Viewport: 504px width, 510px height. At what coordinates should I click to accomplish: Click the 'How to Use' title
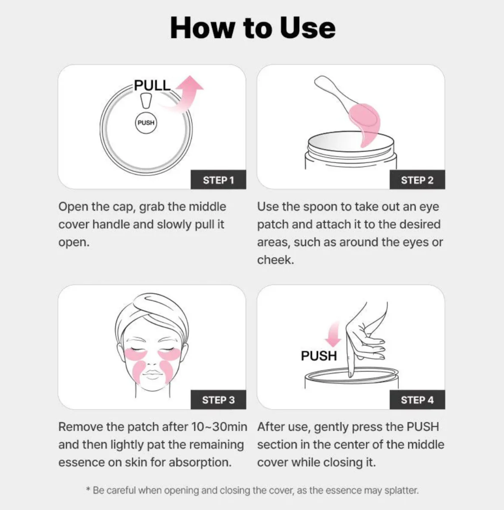tap(252, 28)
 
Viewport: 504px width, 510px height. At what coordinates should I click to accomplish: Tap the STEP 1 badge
tap(218, 180)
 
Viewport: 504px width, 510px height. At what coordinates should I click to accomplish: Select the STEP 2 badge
tap(417, 180)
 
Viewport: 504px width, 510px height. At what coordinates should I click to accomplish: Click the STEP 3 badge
tap(218, 400)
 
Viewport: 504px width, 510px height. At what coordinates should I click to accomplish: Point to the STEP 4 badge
tap(417, 400)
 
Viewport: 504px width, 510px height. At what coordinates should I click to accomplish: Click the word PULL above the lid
tap(152, 85)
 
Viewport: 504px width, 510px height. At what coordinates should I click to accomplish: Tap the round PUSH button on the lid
tap(146, 123)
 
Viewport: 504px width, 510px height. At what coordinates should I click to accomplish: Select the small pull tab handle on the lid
tap(146, 101)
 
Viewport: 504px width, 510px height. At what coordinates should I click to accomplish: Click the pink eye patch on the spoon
tap(366, 122)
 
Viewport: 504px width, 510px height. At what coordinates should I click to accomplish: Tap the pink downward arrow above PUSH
tap(333, 334)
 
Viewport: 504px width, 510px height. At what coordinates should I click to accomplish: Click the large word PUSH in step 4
tap(319, 356)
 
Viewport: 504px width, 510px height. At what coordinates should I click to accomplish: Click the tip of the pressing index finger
tap(350, 374)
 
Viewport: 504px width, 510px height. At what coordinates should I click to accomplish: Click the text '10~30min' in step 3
tap(219, 427)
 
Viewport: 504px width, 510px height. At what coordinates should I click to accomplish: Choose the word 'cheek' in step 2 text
tap(275, 260)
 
